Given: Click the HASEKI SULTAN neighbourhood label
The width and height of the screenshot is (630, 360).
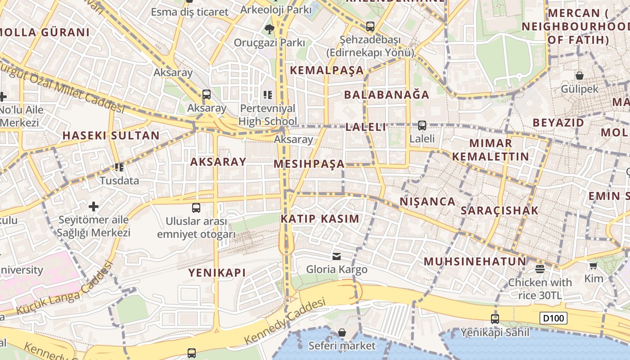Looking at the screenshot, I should pos(111,135).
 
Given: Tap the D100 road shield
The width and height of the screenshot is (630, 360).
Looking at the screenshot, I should pos(553,319).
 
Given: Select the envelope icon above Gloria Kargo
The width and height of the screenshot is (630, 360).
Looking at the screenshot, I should pos(336,256).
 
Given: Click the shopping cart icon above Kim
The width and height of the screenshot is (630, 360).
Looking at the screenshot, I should pos(594,266).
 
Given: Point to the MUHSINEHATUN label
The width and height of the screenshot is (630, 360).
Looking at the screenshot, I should pos(475,261).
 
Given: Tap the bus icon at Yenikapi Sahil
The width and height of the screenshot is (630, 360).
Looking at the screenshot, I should pos(495,319).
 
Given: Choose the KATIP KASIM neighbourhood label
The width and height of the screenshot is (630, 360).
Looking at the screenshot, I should pos(320,219).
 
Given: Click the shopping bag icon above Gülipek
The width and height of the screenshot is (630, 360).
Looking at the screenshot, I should pos(580,76).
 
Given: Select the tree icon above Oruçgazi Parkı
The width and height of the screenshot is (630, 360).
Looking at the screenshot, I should pos(269,29).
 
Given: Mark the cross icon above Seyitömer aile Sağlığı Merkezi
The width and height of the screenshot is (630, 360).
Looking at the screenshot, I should pos(94,207).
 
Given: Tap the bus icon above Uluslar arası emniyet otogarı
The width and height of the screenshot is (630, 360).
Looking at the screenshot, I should pos(196,208).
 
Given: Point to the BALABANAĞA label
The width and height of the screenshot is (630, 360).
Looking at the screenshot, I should pos(387,95).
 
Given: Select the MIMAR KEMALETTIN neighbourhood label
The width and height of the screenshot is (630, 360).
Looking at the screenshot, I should pos(490,150).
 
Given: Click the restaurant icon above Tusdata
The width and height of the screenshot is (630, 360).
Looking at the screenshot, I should pos(119,167).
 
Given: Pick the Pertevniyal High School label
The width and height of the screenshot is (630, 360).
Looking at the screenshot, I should pos(268,115).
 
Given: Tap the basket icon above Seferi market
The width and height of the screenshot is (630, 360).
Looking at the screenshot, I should pos(342,333).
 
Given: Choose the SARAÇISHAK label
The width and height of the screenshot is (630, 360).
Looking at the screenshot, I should pos(499,211).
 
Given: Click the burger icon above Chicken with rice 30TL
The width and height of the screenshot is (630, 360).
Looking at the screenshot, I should pos(540,269).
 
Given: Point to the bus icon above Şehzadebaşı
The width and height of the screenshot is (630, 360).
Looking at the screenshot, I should pos(370,27).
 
